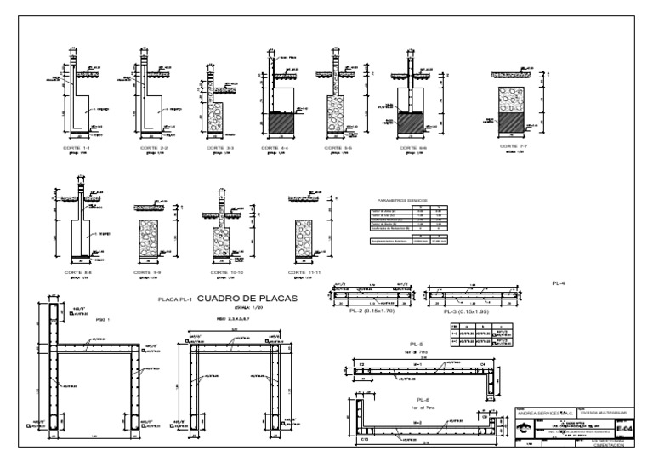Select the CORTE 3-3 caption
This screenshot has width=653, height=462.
(215, 147)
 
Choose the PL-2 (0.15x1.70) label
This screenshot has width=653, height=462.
(372, 312)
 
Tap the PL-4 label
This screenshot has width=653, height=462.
(559, 282)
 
